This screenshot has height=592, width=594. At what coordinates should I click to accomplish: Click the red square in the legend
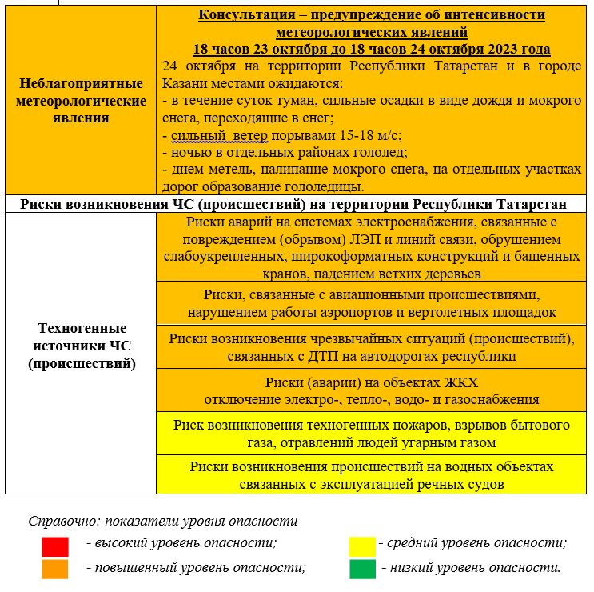pyautogui.click(x=54, y=546)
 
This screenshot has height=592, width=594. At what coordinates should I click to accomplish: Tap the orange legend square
pyautogui.click(x=54, y=569)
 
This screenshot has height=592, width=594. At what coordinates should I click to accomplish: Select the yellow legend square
pyautogui.click(x=362, y=546)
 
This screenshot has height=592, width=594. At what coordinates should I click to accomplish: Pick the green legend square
pyautogui.click(x=362, y=569)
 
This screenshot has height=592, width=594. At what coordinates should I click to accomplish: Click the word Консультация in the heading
pyautogui.click(x=247, y=15)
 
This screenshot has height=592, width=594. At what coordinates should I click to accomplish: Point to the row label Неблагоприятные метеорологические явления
pyautogui.click(x=82, y=101)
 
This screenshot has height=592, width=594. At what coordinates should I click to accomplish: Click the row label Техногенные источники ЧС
pyautogui.click(x=82, y=346)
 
